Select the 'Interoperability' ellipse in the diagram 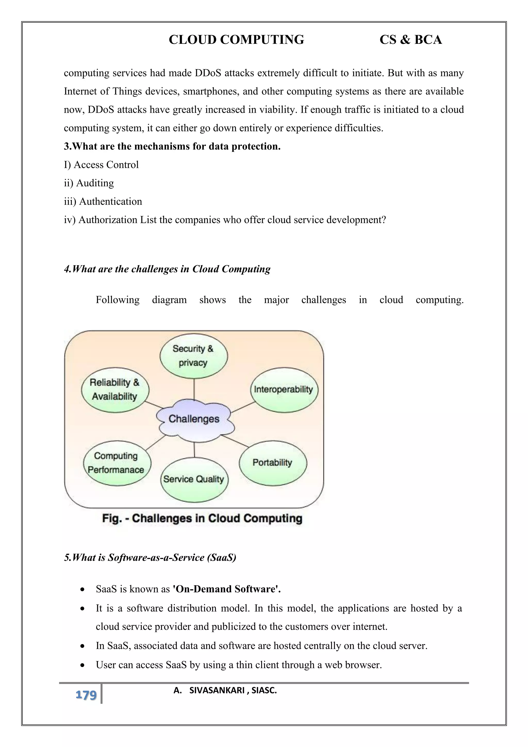pos(284,390)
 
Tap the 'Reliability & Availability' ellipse pos(115,390)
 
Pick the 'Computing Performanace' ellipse pos(117,463)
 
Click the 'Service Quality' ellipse pos(194,479)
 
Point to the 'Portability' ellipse pos(273,463)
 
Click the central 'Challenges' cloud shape pos(194,420)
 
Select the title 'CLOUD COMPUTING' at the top pos(236,40)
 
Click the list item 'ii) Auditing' pos(89,183)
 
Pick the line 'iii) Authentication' pos(103,202)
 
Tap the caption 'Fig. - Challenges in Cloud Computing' pos(202,518)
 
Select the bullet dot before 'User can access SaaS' pos(83,665)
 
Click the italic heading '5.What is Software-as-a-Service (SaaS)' pos(150,558)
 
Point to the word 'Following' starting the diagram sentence pos(117,300)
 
